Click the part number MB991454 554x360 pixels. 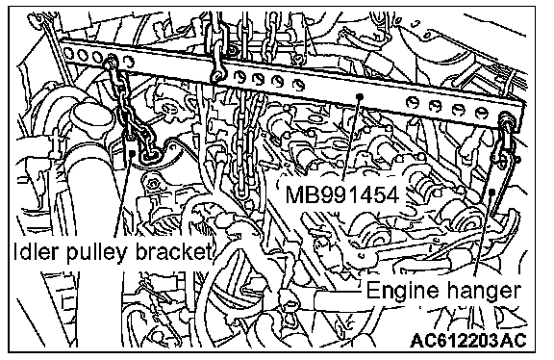(x=342, y=194)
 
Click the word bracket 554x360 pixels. (x=173, y=252)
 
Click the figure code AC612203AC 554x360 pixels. (x=468, y=340)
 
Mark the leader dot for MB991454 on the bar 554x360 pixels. (x=360, y=96)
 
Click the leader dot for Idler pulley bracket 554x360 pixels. (x=132, y=152)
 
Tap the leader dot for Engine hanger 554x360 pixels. (x=491, y=192)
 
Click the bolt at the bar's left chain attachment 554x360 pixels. (x=111, y=63)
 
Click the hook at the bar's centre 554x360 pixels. (x=217, y=72)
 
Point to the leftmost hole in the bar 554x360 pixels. (x=68, y=53)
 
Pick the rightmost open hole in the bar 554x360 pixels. (x=481, y=113)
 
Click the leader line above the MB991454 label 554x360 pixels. (x=352, y=138)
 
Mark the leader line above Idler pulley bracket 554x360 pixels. (x=125, y=194)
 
